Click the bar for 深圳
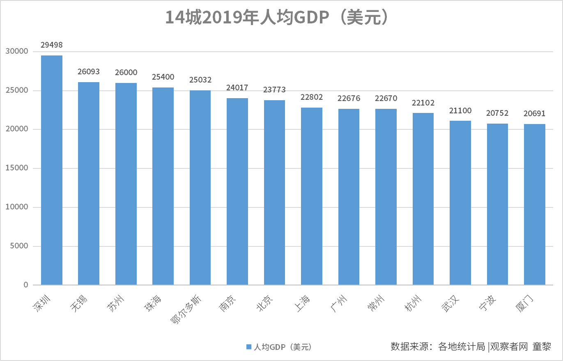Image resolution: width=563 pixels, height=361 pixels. coord(52,170)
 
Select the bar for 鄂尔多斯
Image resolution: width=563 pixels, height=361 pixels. coord(200,188)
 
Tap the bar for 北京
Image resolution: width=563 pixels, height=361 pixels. coord(274,193)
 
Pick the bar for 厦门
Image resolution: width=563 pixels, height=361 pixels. coord(535,205)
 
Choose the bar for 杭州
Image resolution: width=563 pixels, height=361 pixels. coord(423,199)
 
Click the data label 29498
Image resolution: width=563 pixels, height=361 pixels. coord(52,45)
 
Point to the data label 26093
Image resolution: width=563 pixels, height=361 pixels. coord(89,71)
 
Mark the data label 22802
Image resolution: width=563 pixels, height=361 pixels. coord(312,97)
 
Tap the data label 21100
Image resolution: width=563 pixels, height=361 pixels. coord(460,110)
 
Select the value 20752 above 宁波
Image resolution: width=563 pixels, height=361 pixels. coord(497,113)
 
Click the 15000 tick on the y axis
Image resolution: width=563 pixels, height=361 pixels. coord(17,168)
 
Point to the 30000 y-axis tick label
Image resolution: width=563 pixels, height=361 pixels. coord(17,51)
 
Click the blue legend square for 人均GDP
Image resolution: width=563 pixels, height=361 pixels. coord(248,347)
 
